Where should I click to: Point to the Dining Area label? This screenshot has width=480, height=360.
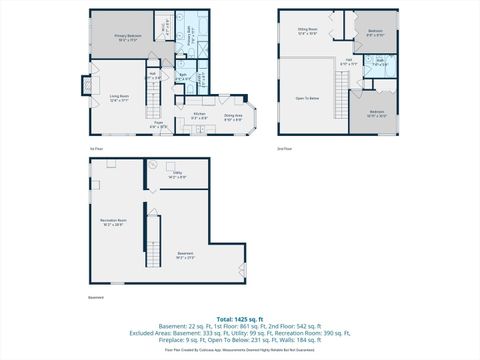(x=232, y=116)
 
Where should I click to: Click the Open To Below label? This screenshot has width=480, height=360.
(x=307, y=98)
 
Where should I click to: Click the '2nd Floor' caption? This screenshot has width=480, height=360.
(x=286, y=148)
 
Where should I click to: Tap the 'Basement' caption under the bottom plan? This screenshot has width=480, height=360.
(x=96, y=297)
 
